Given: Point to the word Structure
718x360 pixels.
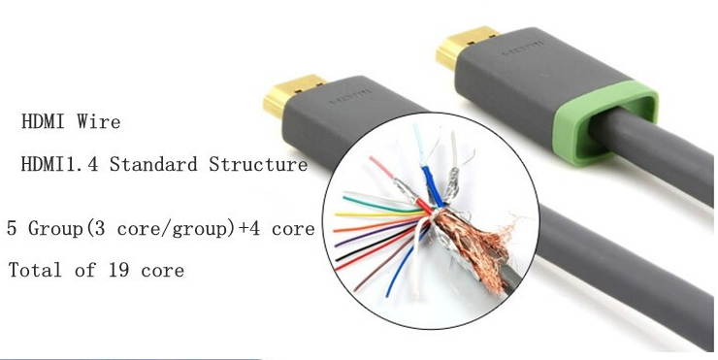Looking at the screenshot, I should (x=258, y=165).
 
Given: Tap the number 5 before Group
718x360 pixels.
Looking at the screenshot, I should (x=11, y=230).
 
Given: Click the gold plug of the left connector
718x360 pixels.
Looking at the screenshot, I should (x=288, y=95).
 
